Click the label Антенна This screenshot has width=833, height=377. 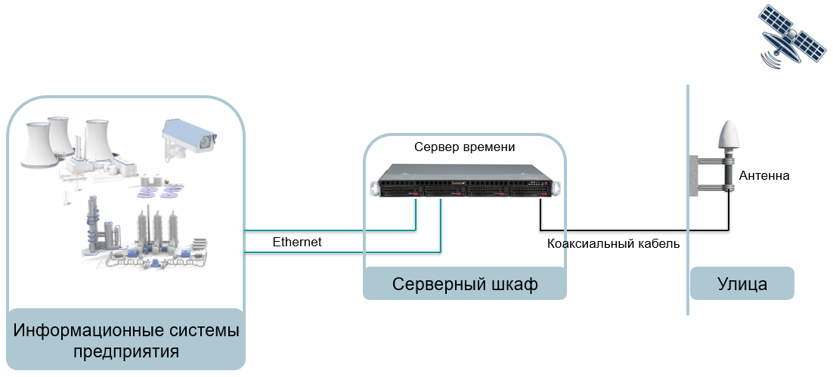(x=764, y=176)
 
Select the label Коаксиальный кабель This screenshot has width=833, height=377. (x=613, y=244)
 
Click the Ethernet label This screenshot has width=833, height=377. (x=297, y=242)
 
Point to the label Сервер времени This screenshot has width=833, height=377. (x=464, y=147)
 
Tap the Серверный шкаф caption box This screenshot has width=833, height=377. (x=464, y=284)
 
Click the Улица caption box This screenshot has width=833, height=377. (x=742, y=284)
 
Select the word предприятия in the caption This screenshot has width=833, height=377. (x=126, y=351)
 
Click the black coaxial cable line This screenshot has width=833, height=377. (x=635, y=229)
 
